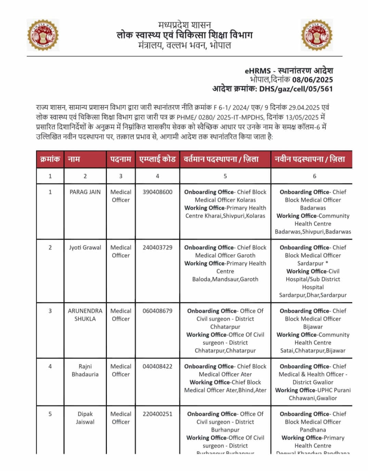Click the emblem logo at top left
[x=43, y=35]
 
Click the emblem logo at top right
[x=317, y=35]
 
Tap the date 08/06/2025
[x=312, y=80]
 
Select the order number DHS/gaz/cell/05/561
[x=296, y=89]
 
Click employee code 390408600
[x=157, y=192]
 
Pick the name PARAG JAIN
[x=85, y=192]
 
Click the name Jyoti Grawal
[x=85, y=247]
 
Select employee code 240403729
[x=157, y=247]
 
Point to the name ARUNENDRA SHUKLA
[x=85, y=315]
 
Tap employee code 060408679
[x=157, y=311]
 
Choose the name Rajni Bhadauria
[x=85, y=370]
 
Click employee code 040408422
[x=157, y=366]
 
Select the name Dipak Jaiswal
[x=85, y=418]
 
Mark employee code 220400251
[x=157, y=414]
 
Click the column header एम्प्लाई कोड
[x=157, y=159]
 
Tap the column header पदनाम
[x=120, y=159]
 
